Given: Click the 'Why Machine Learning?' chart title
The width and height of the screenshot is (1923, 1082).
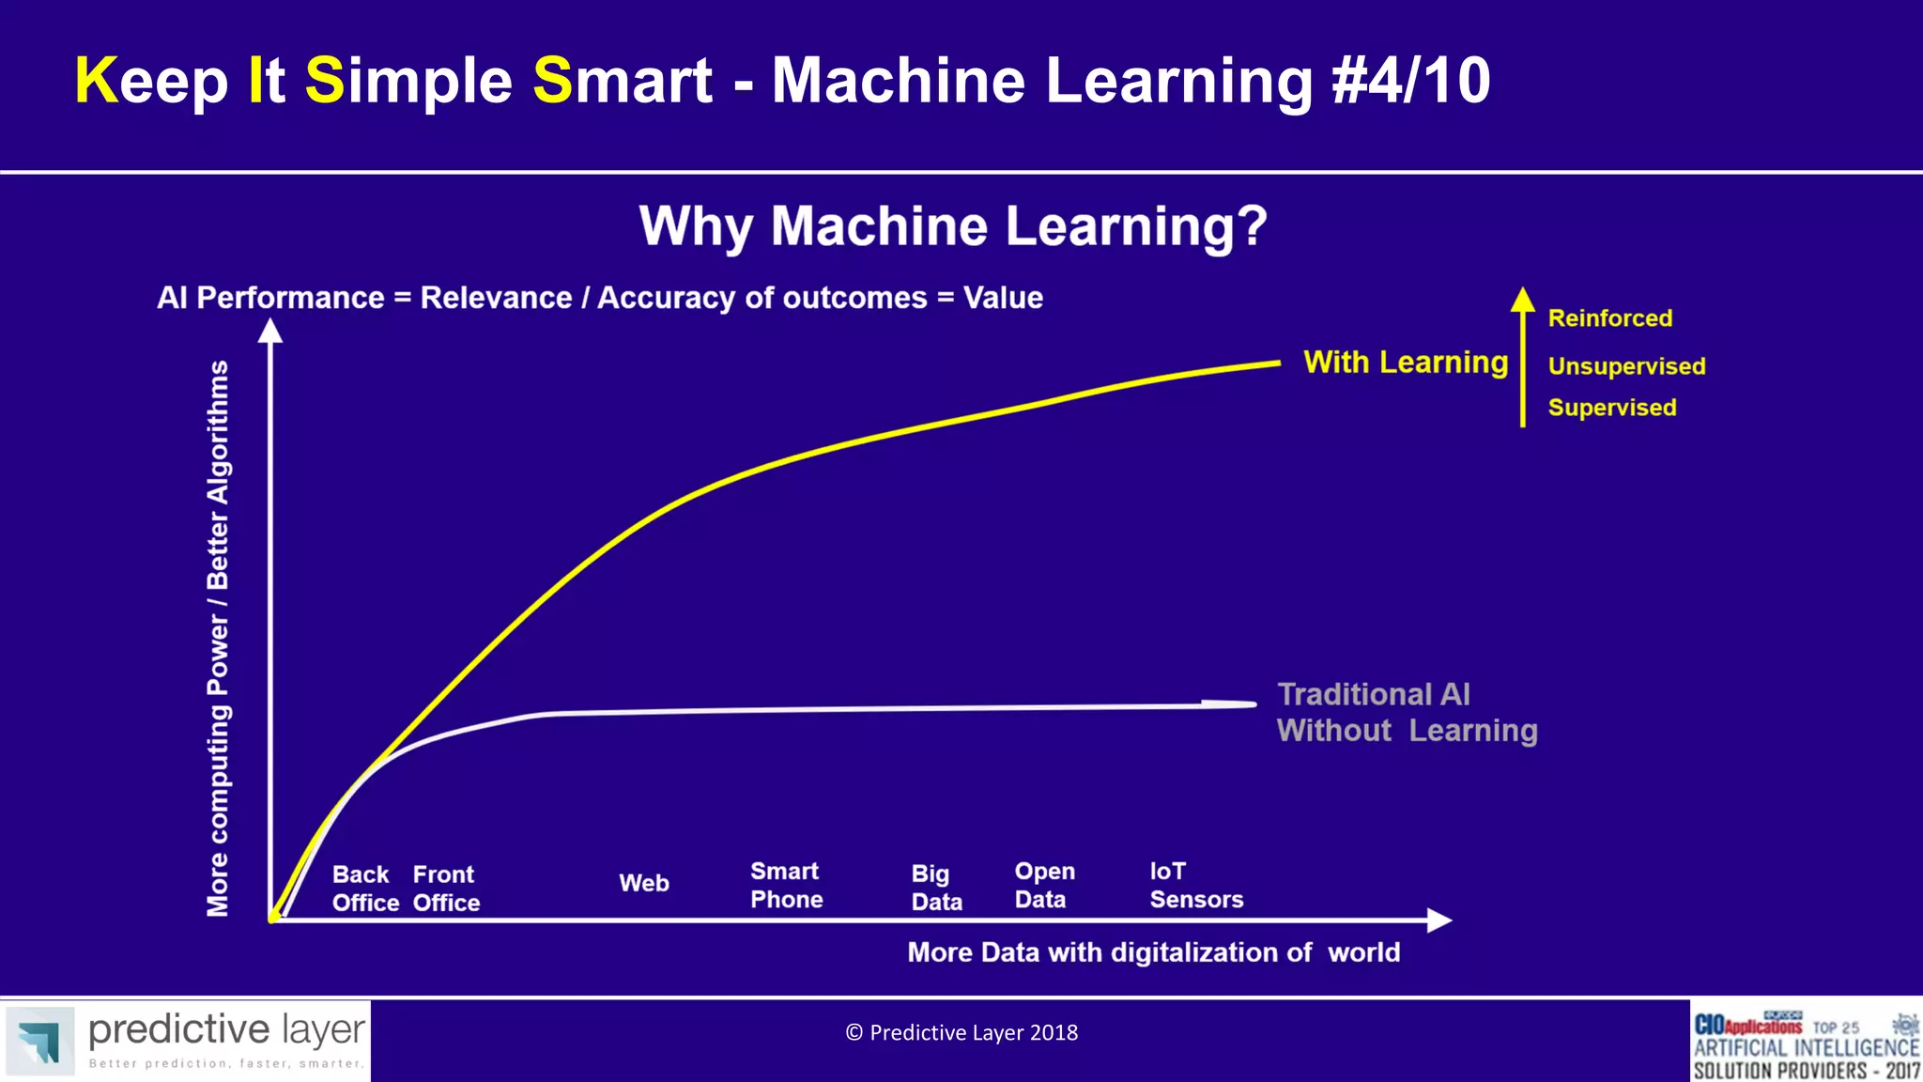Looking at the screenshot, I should [953, 227].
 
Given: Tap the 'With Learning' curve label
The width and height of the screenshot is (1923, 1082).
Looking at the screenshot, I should [1406, 363].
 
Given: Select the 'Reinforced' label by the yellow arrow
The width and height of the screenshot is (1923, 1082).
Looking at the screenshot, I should [1609, 318].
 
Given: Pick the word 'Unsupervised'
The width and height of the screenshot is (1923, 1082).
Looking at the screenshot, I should [1626, 366].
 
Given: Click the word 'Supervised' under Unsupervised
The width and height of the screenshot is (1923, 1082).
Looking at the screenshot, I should [1611, 408].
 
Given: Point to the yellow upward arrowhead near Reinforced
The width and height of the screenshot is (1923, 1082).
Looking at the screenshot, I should [1522, 300].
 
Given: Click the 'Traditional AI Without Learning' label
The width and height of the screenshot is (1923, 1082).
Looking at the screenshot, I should [1406, 713].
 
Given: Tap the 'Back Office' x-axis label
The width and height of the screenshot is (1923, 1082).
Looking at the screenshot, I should [364, 889].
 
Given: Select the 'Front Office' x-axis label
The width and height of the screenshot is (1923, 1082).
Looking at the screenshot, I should [446, 889].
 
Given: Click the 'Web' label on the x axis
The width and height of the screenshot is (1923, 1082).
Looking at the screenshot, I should [644, 883].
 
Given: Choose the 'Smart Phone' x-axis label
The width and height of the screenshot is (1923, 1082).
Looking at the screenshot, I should [787, 886].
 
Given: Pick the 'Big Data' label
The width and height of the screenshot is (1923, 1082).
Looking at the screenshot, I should [936, 888].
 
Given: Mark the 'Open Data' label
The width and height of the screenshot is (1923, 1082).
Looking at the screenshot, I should [1044, 886].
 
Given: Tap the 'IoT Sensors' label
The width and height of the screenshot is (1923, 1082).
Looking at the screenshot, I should [1195, 886].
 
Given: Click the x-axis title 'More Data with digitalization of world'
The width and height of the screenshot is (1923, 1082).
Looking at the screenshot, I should [1153, 952].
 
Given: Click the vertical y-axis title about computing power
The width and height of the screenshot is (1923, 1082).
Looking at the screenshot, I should [218, 639].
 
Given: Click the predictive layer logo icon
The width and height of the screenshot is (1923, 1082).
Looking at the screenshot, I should [39, 1041].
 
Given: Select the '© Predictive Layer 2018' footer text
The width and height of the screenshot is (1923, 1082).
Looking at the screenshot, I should [961, 1033].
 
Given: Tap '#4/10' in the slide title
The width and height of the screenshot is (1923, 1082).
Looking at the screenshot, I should [1410, 81].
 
